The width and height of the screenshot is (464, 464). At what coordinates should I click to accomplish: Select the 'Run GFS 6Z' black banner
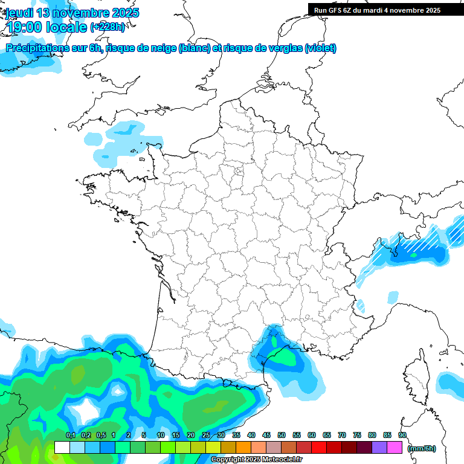tap(377, 10)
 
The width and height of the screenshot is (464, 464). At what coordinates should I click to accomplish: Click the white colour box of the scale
tap(62, 448)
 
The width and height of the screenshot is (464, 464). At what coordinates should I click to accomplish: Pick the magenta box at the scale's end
tap(394, 448)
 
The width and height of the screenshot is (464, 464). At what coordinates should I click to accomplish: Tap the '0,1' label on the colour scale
tap(70, 436)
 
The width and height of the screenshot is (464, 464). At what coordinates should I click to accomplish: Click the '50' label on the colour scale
tap(282, 436)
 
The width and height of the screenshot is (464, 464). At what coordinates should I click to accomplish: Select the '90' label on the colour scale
tap(402, 436)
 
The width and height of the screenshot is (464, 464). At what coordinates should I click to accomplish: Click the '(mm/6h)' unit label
tap(422, 448)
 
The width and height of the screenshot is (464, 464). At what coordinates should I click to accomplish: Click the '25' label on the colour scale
tap(206, 436)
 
